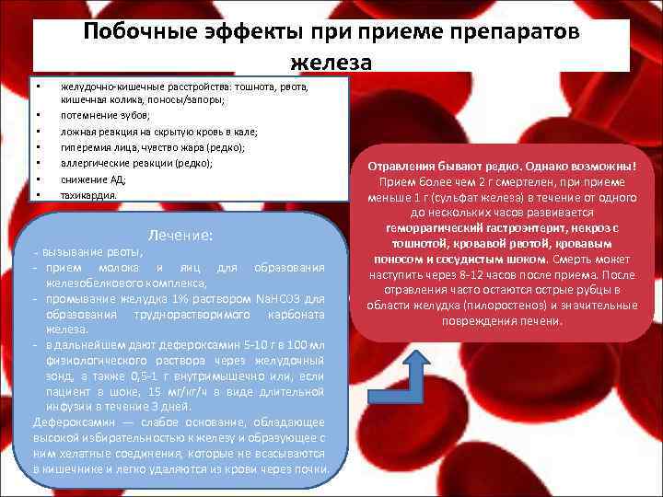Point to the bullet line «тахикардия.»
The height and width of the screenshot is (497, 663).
[x=89, y=195]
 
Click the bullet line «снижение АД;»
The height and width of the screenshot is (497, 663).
[x=93, y=179]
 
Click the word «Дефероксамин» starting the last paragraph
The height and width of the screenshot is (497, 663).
[x=66, y=422]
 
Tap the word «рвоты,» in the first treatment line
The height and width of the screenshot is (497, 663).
[x=124, y=252]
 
